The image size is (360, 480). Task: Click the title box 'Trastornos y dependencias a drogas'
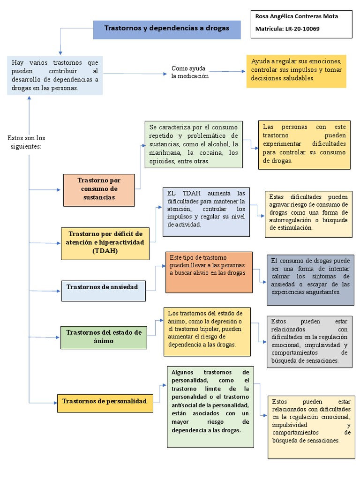166,29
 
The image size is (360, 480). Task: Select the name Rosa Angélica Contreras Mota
296,16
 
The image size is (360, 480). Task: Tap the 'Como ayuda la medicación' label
190,72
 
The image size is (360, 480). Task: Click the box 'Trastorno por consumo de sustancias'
98,189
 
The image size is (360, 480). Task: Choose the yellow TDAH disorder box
105,242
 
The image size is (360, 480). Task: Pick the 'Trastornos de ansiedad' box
103,287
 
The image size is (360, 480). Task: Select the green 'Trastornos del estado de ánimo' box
104,336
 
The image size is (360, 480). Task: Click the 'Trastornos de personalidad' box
105,401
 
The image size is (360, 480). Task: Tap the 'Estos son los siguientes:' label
26,142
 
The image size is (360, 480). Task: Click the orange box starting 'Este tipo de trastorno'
209,272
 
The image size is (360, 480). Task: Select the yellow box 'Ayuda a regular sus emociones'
296,70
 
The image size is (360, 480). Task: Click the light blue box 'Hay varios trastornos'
55,75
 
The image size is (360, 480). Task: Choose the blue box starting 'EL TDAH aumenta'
206,212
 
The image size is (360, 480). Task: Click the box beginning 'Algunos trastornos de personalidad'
210,406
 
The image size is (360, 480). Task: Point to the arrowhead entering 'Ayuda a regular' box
244,71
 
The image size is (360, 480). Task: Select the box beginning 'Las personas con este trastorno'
304,144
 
